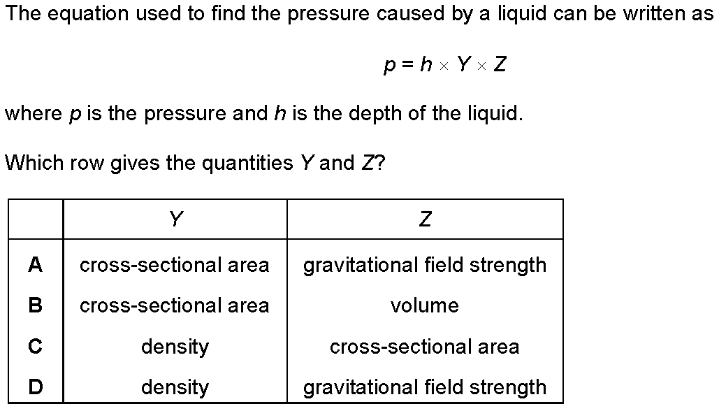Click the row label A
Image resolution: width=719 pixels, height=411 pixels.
[36, 265]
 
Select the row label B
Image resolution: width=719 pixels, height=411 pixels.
[36, 305]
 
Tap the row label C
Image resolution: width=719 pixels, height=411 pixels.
[36, 346]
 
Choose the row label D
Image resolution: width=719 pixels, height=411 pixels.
[36, 387]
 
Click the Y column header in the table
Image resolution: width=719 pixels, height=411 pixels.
[176, 219]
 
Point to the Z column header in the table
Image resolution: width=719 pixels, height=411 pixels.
[425, 219]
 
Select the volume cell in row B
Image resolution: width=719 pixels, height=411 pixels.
[425, 305]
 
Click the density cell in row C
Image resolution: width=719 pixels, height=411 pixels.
[175, 347]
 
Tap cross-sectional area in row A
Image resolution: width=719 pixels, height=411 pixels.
[174, 265]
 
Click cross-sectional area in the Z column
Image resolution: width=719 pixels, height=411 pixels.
[425, 347]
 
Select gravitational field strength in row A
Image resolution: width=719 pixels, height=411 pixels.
[425, 266]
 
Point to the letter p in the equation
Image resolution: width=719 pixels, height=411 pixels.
[390, 66]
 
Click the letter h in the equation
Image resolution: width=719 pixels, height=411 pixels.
[426, 64]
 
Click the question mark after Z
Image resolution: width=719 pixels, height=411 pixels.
[380, 163]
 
